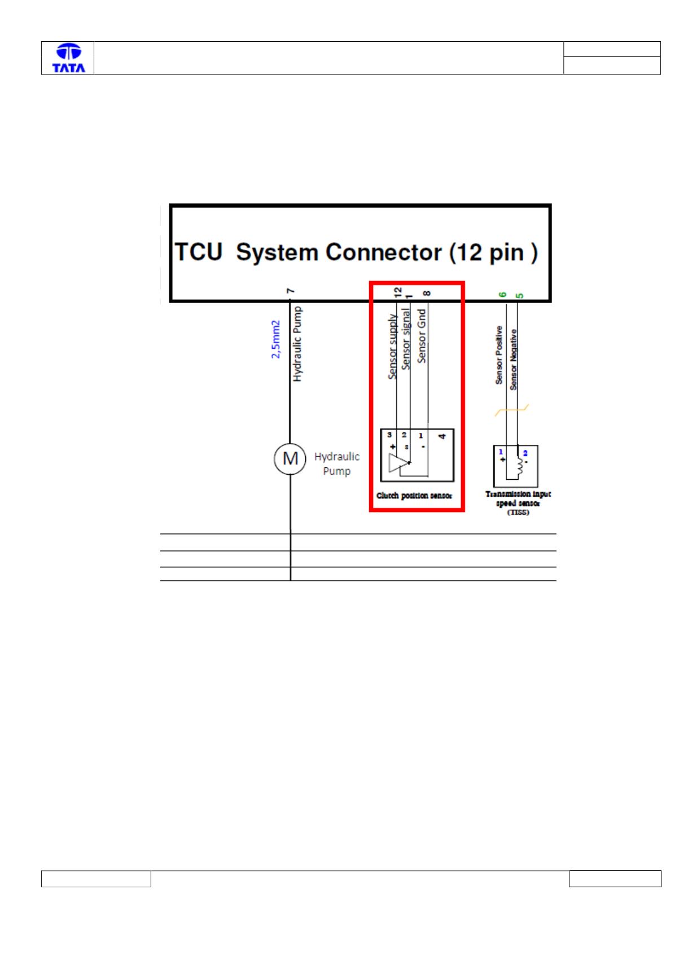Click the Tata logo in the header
coord(68,58)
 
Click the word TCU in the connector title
coord(199,252)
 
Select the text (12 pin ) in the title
coord(493,253)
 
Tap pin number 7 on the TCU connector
coord(291,291)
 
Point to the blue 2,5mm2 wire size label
coord(276,339)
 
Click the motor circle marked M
coord(290,459)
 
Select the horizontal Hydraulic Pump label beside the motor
coord(337,464)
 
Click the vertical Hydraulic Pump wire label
coord(297,344)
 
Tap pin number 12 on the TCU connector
coord(398,292)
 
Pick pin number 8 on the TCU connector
coord(427,293)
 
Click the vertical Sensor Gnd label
coord(421,336)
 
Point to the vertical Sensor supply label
coord(392,347)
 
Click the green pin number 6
coord(503,295)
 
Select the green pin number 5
coord(519,295)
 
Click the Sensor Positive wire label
coord(499,355)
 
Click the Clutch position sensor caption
coord(414,496)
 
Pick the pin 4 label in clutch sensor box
coord(442,436)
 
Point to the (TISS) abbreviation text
coord(518,512)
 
